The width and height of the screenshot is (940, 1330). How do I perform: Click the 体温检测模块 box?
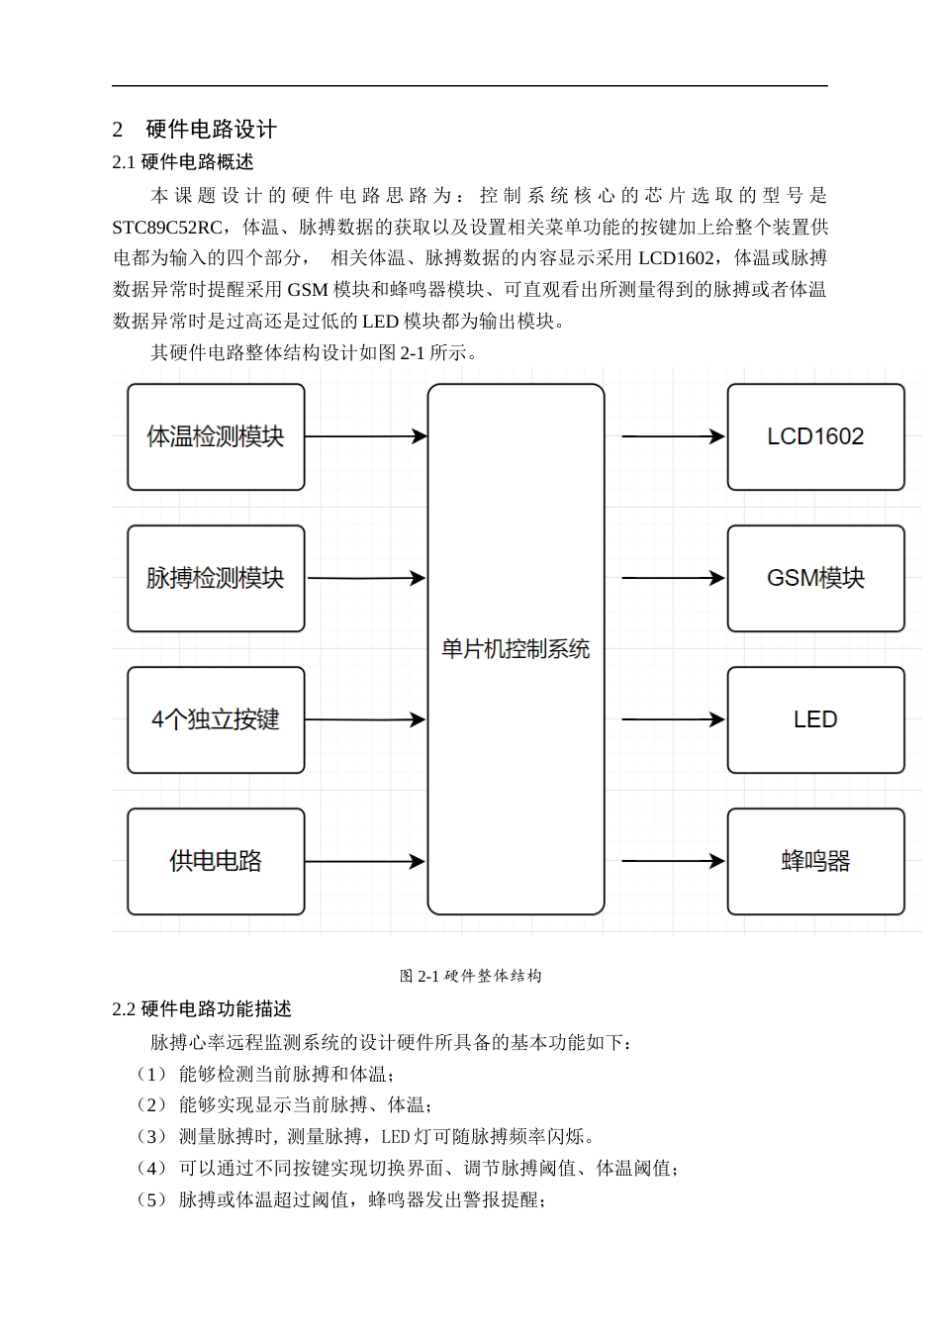(x=216, y=436)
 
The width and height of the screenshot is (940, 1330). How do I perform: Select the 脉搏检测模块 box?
(x=216, y=578)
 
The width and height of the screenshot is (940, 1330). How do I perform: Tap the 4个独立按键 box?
(x=216, y=719)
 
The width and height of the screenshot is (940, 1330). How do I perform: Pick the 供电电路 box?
(x=216, y=861)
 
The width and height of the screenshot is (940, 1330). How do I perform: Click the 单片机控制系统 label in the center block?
(x=516, y=649)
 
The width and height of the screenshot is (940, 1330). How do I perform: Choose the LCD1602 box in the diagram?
(x=815, y=436)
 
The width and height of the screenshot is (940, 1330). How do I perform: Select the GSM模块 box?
(x=815, y=578)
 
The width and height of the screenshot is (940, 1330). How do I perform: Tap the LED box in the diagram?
(x=815, y=719)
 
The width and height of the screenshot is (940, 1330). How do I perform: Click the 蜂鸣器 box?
(x=815, y=861)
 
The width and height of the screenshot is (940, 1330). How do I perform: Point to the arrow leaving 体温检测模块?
(x=365, y=436)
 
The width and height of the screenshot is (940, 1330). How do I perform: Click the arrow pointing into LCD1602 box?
(x=673, y=436)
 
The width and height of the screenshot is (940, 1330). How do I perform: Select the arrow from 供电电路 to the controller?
(x=365, y=861)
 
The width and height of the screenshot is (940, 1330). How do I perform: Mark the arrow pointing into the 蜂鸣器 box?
(x=673, y=861)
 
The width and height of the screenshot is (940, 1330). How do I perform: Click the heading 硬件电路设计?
(x=211, y=130)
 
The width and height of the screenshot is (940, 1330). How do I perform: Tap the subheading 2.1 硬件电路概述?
(x=183, y=162)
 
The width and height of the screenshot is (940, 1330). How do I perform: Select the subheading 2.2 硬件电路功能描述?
(x=202, y=1009)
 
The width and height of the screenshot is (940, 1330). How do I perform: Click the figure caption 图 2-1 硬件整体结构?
(x=470, y=976)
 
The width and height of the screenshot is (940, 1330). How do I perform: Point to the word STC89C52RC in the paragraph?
(x=167, y=227)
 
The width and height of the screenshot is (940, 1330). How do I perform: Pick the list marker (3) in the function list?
(x=152, y=1136)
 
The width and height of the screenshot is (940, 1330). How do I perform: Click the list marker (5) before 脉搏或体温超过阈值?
(x=152, y=1199)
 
